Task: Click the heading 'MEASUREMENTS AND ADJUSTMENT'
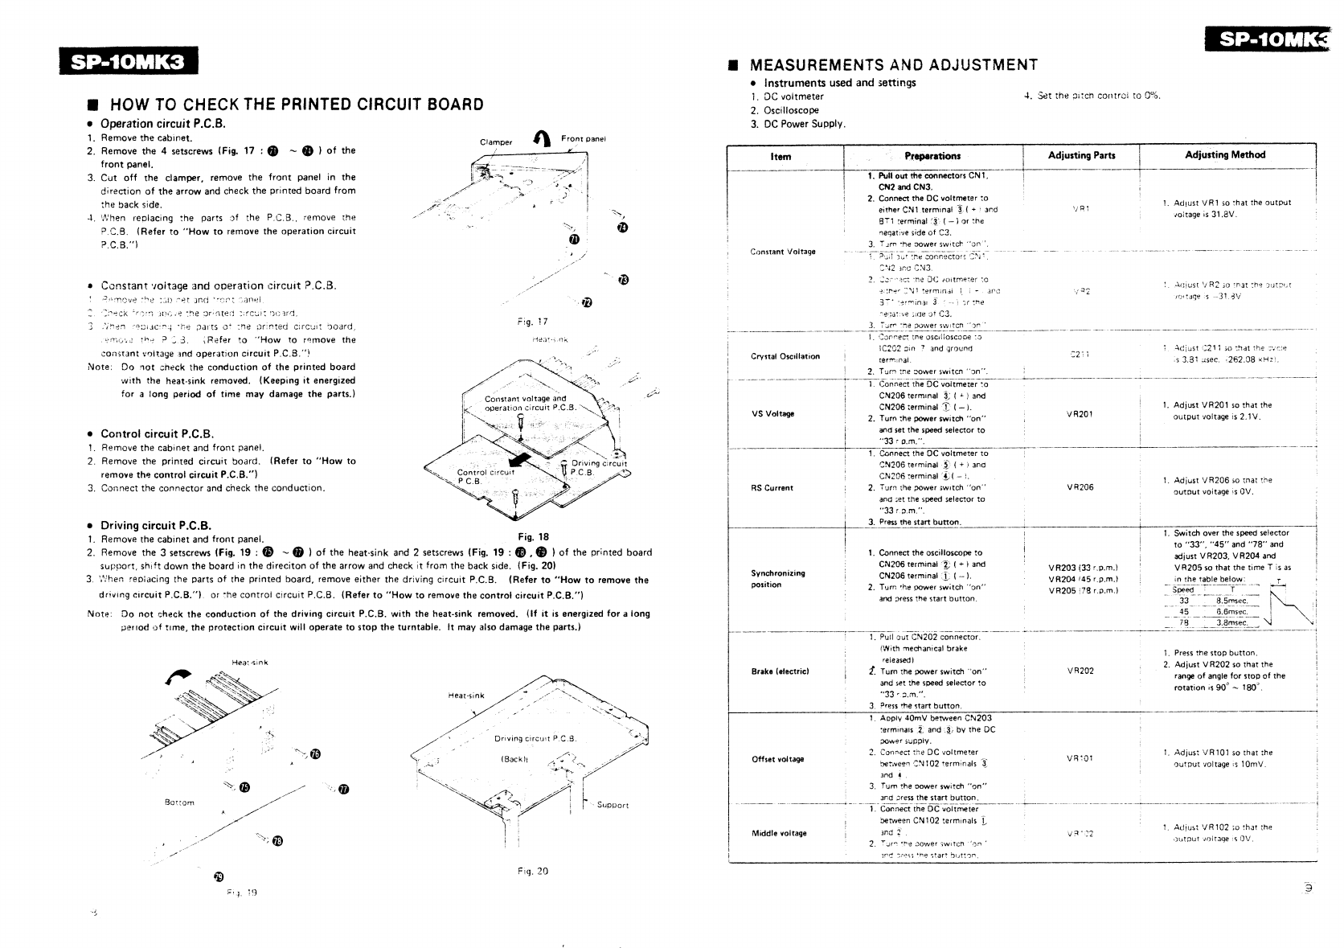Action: [x=892, y=65]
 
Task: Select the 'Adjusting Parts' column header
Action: [x=1081, y=155]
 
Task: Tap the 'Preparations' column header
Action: [x=932, y=156]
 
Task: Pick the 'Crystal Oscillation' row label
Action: [x=786, y=356]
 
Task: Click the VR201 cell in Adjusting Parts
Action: [x=1080, y=414]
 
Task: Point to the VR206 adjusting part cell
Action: [x=1080, y=487]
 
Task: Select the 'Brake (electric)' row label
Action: [x=780, y=671]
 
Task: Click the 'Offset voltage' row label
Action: [x=777, y=759]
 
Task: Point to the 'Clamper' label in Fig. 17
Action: [x=496, y=142]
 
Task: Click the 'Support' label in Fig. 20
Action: [x=613, y=805]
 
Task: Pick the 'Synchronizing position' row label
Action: [x=777, y=579]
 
